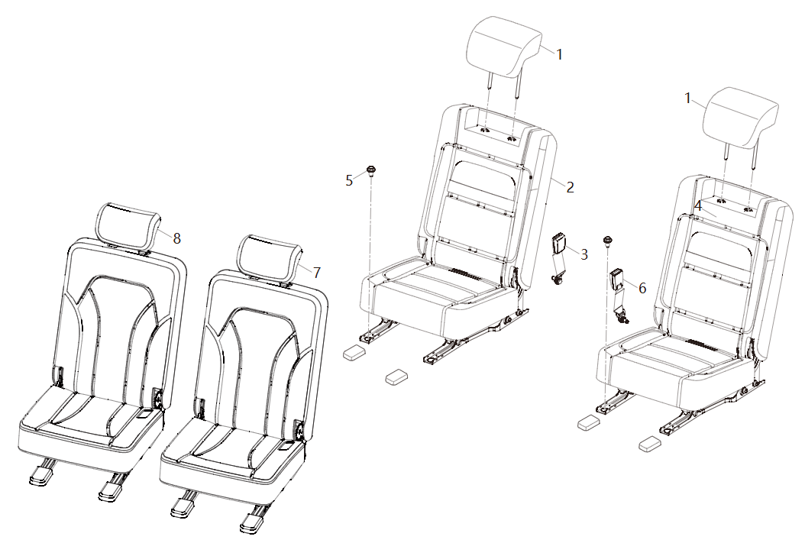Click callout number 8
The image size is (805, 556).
tap(176, 238)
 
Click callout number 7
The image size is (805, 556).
tap(317, 272)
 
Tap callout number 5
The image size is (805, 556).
tap(349, 180)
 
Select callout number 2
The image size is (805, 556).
tap(570, 187)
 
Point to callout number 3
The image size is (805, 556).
tap(584, 254)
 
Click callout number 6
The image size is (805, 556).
tap(642, 288)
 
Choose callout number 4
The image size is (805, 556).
tap(698, 206)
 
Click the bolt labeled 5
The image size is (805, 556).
tap(370, 170)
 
